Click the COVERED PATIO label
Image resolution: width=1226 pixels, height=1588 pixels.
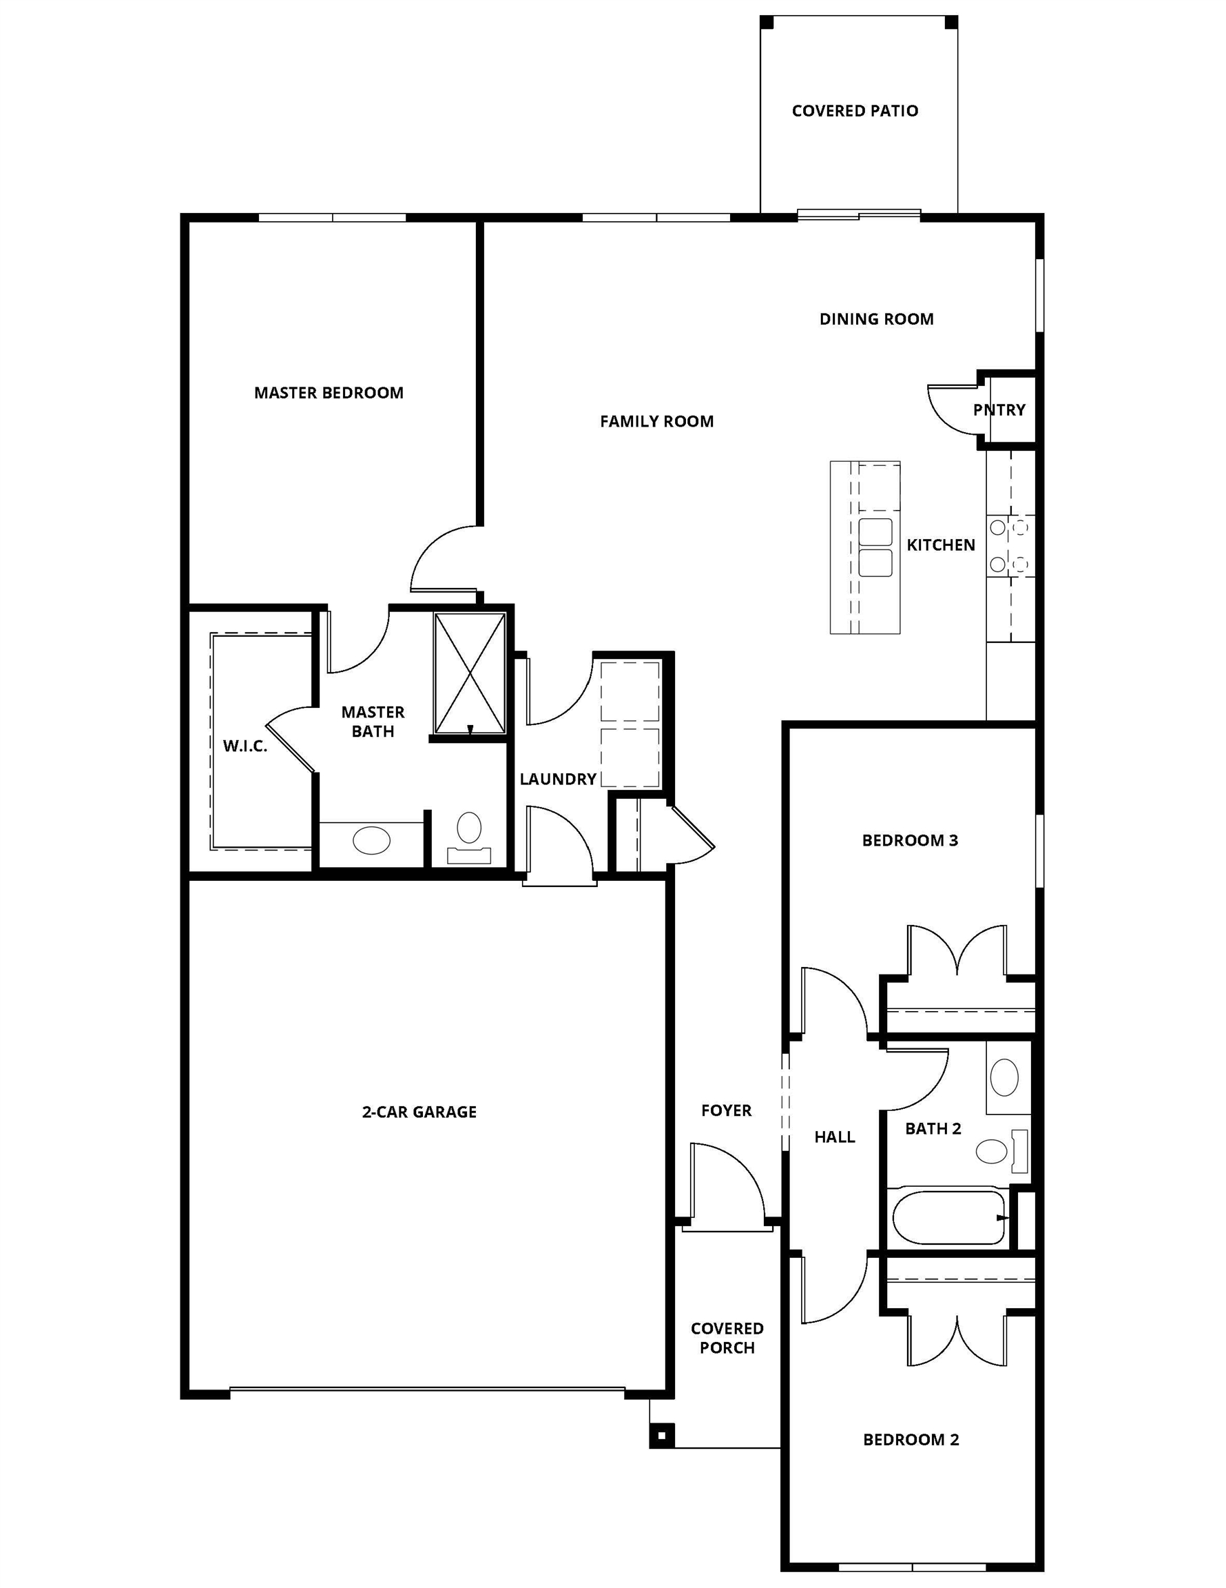(855, 110)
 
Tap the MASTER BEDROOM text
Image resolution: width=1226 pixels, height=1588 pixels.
(329, 393)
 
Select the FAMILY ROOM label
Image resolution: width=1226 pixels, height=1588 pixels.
(656, 421)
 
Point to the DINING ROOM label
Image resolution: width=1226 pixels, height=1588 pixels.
(876, 318)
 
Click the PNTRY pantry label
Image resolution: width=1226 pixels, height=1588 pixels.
(999, 409)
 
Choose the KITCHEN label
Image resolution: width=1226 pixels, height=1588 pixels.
(940, 544)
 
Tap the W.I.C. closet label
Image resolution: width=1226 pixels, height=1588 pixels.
(245, 745)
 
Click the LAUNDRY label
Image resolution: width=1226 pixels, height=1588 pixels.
(557, 779)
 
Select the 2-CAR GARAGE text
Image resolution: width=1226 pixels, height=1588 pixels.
(419, 1112)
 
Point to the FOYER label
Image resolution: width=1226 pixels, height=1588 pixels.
(726, 1110)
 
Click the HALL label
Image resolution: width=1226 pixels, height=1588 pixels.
(834, 1137)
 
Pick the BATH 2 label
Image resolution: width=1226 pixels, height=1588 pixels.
(933, 1128)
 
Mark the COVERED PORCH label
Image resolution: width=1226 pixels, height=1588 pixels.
(727, 1338)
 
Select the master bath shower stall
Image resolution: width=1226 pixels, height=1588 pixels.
(470, 673)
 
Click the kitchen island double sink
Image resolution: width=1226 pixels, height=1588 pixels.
(875, 547)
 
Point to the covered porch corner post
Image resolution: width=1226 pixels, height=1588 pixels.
(661, 1436)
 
